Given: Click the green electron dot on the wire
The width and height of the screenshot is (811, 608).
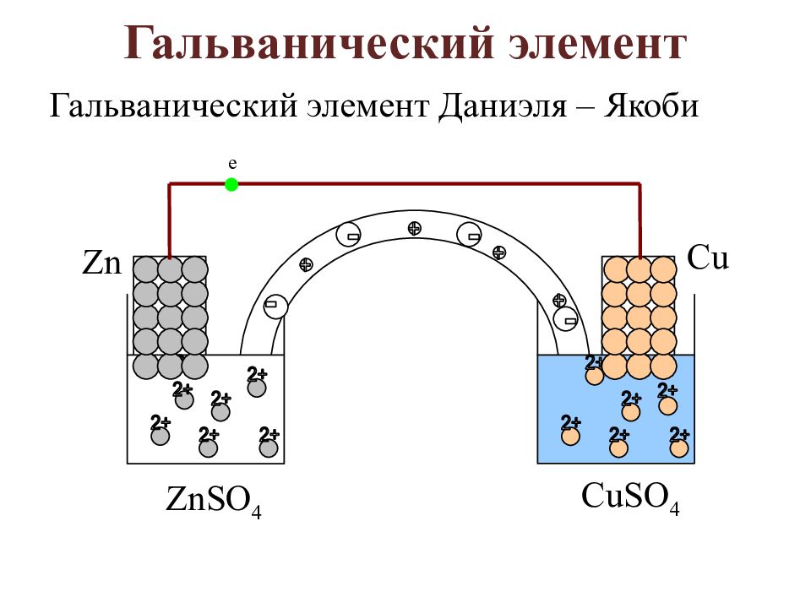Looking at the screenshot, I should tap(231, 185).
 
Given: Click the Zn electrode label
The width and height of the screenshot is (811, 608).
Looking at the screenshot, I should tap(102, 263).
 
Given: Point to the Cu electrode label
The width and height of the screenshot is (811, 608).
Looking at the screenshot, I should tap(708, 258).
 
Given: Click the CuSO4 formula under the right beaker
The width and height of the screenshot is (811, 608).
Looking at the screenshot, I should tap(630, 497).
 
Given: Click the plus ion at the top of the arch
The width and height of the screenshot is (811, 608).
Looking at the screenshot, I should tap(414, 227).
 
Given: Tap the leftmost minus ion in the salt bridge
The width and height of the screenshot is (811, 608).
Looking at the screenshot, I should tap(275, 306).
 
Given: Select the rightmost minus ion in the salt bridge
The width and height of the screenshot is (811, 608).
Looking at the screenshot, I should tap(567, 319).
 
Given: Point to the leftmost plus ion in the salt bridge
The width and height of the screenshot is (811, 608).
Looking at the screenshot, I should tap(306, 264).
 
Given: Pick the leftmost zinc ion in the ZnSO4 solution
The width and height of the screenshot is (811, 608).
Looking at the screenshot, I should tap(160, 435).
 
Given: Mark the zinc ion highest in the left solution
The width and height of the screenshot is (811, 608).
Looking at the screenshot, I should tap(257, 387).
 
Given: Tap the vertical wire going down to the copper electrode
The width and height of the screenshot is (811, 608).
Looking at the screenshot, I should tap(640, 220).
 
